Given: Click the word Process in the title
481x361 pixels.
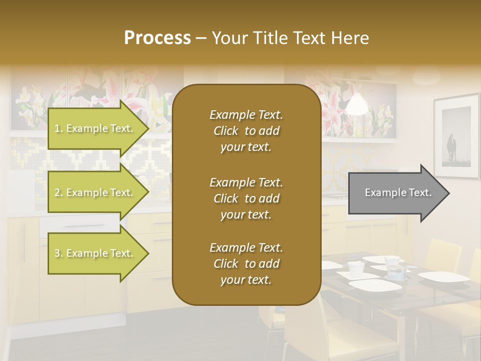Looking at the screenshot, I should (x=157, y=38).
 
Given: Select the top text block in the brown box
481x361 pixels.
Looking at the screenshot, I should (x=246, y=131).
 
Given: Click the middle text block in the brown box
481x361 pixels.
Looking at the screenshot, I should (x=246, y=198).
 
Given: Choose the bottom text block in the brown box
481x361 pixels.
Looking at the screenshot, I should (x=246, y=264).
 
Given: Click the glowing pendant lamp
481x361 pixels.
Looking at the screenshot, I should (x=356, y=104).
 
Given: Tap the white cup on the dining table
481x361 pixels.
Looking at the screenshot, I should (x=355, y=269).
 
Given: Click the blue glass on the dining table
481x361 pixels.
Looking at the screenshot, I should (x=396, y=273).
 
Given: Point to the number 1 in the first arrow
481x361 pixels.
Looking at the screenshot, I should (x=57, y=128).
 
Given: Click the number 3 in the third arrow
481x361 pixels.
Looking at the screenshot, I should (x=57, y=253).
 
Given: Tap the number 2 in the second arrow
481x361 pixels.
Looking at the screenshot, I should (x=57, y=193).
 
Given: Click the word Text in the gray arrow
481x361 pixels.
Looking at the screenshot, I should (x=420, y=193).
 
